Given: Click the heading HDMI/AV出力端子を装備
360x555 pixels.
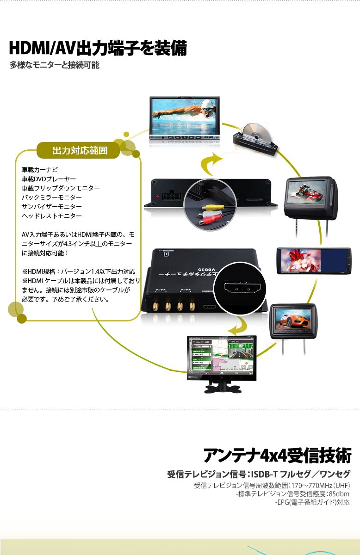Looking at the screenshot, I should pos(98,48).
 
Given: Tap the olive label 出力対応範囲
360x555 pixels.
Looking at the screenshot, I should pos(80,150).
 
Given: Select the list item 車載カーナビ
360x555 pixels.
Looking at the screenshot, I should pos(40,170).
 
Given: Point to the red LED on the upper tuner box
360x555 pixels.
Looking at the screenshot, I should pos(159,197).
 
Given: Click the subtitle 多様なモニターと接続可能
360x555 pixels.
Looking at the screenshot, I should pos(55,65).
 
